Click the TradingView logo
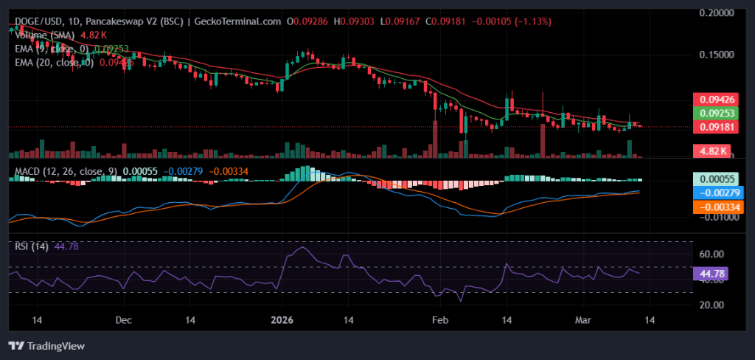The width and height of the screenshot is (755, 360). coord(46,345)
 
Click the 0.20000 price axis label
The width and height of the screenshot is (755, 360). coord(714,13)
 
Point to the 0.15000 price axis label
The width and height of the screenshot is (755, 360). coord(714,55)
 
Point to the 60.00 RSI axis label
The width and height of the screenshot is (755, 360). coord(712,255)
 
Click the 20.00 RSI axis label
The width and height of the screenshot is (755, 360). coord(712,305)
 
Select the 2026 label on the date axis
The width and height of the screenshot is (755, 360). coord(282,321)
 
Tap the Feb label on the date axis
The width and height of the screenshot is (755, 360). coord(440,321)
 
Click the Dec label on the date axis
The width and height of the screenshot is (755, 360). coord(124,321)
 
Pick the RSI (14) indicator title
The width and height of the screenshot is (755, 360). coord(31,246)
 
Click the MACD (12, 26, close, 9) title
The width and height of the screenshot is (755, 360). coord(65,172)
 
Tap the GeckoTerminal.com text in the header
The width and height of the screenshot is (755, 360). coord(239,22)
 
